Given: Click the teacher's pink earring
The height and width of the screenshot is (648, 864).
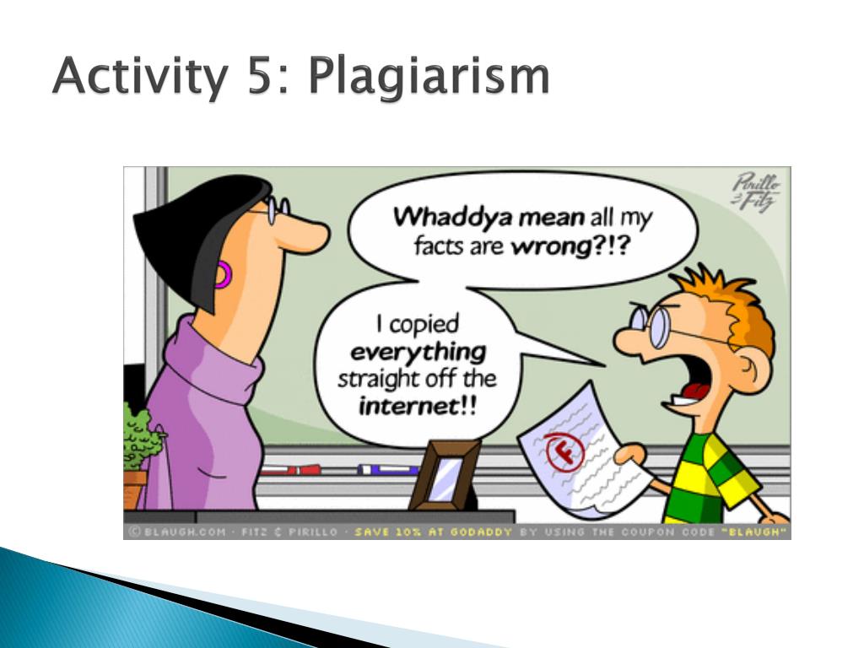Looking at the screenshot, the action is coord(221,275).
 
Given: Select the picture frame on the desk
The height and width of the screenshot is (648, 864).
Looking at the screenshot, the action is coord(444,475).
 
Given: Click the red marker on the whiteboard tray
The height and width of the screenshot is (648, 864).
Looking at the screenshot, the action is coord(291,469).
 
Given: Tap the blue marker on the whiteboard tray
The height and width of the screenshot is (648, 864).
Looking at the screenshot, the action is coord(387,469).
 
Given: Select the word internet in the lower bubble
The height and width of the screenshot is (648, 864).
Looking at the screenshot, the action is coord(408,408).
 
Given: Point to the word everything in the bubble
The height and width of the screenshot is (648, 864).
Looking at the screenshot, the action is coord(418,352).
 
